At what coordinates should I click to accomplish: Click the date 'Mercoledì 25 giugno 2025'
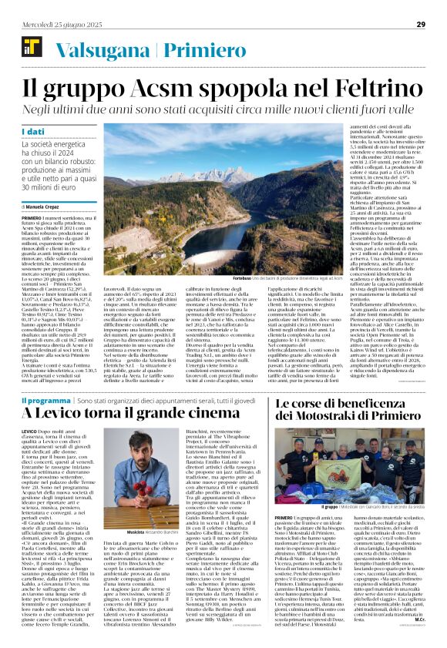(61, 24)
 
